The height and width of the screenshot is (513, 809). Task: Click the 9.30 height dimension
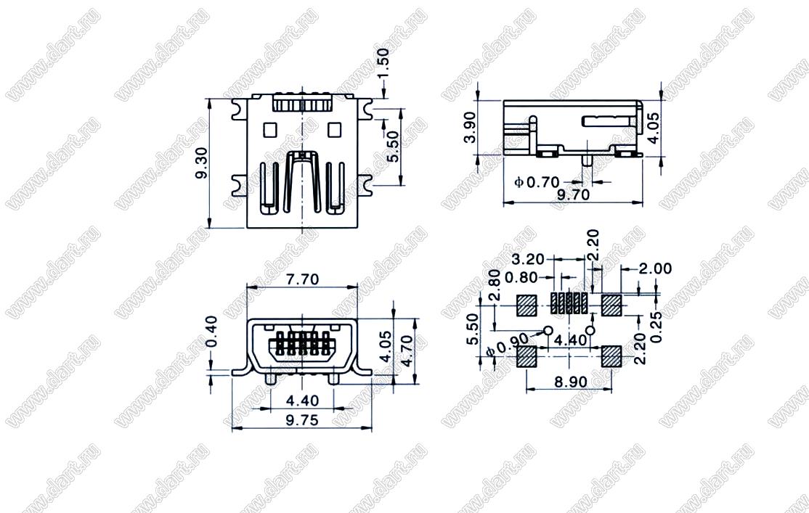202,163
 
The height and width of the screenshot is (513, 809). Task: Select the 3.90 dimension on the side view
471,128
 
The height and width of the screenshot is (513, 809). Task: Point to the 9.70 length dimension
574,195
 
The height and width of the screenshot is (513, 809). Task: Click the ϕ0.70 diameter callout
537,182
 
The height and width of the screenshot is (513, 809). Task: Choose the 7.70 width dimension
303,279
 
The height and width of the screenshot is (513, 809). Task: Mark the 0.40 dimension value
211,332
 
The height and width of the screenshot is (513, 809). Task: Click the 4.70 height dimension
407,351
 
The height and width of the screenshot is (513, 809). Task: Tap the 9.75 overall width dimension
302,420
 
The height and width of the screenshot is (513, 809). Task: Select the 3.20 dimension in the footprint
528,259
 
